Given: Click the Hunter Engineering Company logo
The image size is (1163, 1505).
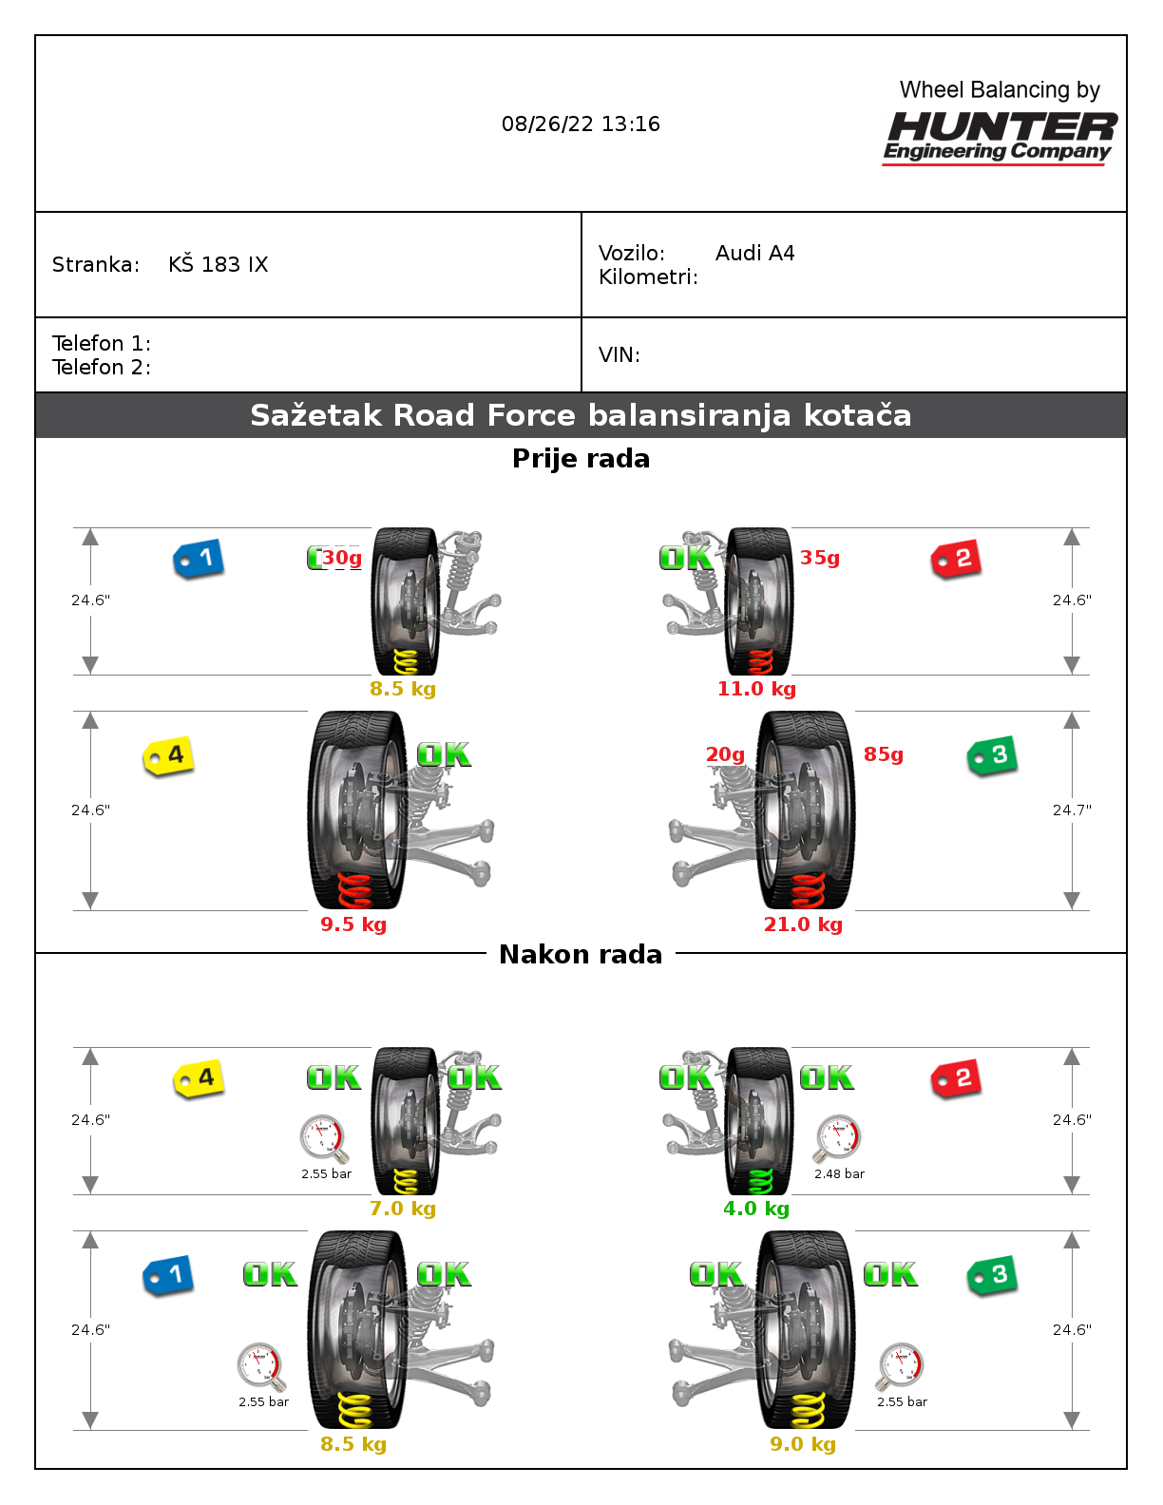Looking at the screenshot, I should (1000, 136).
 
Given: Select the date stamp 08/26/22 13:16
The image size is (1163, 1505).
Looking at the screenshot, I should (581, 124).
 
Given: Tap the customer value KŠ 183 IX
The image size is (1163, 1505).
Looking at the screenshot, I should (219, 265).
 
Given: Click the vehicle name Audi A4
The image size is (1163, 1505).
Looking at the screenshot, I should (754, 254).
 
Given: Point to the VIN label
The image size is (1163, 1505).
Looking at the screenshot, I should (619, 355).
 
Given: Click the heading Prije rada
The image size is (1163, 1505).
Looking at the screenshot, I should (581, 459).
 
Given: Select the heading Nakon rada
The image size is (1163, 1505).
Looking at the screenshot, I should (581, 955).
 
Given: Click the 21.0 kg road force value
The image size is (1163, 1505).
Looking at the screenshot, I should (803, 924).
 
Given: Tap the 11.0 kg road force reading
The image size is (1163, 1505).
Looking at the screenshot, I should (756, 689).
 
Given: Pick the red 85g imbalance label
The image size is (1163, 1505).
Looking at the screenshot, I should (884, 754).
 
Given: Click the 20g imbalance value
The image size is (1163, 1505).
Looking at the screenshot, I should (725, 754).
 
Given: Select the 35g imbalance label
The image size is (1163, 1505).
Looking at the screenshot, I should (820, 558).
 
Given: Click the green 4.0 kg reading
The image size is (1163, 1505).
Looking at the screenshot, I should (756, 1209).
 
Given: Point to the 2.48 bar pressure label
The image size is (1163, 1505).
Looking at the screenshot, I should (839, 1174).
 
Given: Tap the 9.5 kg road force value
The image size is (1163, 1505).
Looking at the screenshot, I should (353, 924).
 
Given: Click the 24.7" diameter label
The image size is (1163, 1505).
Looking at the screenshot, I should (1072, 810).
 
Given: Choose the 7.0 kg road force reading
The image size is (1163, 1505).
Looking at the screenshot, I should (403, 1209).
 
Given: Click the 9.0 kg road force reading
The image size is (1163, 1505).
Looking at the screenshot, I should (803, 1444).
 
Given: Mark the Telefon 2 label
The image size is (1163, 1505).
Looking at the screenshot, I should (101, 368).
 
